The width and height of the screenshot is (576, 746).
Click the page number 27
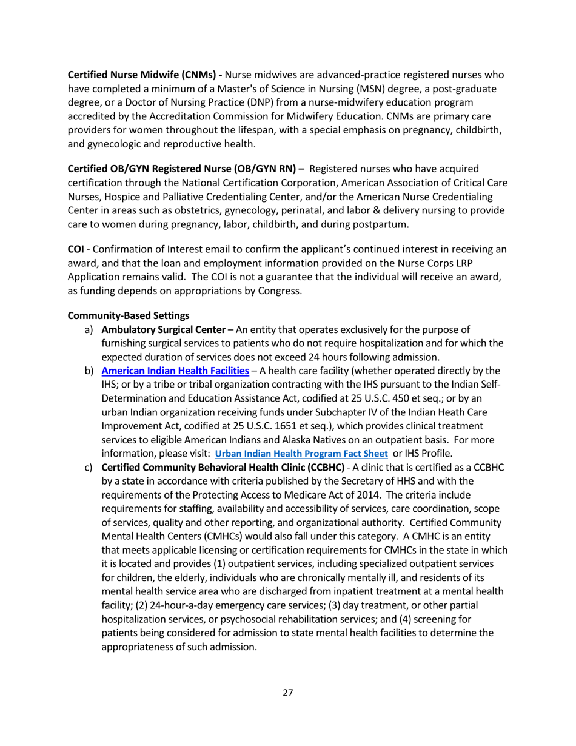click(288, 693)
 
